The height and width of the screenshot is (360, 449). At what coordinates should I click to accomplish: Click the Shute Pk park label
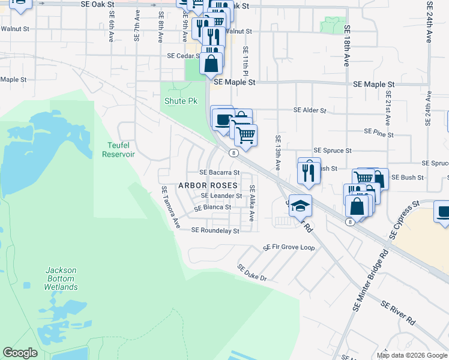click(181, 101)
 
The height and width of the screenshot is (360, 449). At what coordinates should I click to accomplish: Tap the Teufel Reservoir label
click(118, 149)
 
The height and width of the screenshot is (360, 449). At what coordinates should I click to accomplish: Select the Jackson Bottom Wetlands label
click(61, 278)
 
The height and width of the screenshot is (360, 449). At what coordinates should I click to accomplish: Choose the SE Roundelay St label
click(215, 230)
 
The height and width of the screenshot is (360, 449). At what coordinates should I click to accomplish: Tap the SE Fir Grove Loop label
click(289, 247)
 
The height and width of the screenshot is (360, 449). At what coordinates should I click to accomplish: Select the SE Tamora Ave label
click(170, 206)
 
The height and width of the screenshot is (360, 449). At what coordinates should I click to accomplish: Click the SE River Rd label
click(398, 313)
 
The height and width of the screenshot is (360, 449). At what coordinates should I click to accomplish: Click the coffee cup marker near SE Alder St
click(223, 118)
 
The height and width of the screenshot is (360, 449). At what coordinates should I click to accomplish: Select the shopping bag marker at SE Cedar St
click(211, 64)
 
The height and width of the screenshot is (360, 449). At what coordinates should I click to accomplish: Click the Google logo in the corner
click(20, 353)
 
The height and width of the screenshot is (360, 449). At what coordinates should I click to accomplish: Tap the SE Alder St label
click(309, 110)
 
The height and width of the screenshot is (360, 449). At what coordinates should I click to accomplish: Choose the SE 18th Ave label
click(347, 46)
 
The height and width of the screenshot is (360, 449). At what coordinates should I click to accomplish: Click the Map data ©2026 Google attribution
click(412, 355)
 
